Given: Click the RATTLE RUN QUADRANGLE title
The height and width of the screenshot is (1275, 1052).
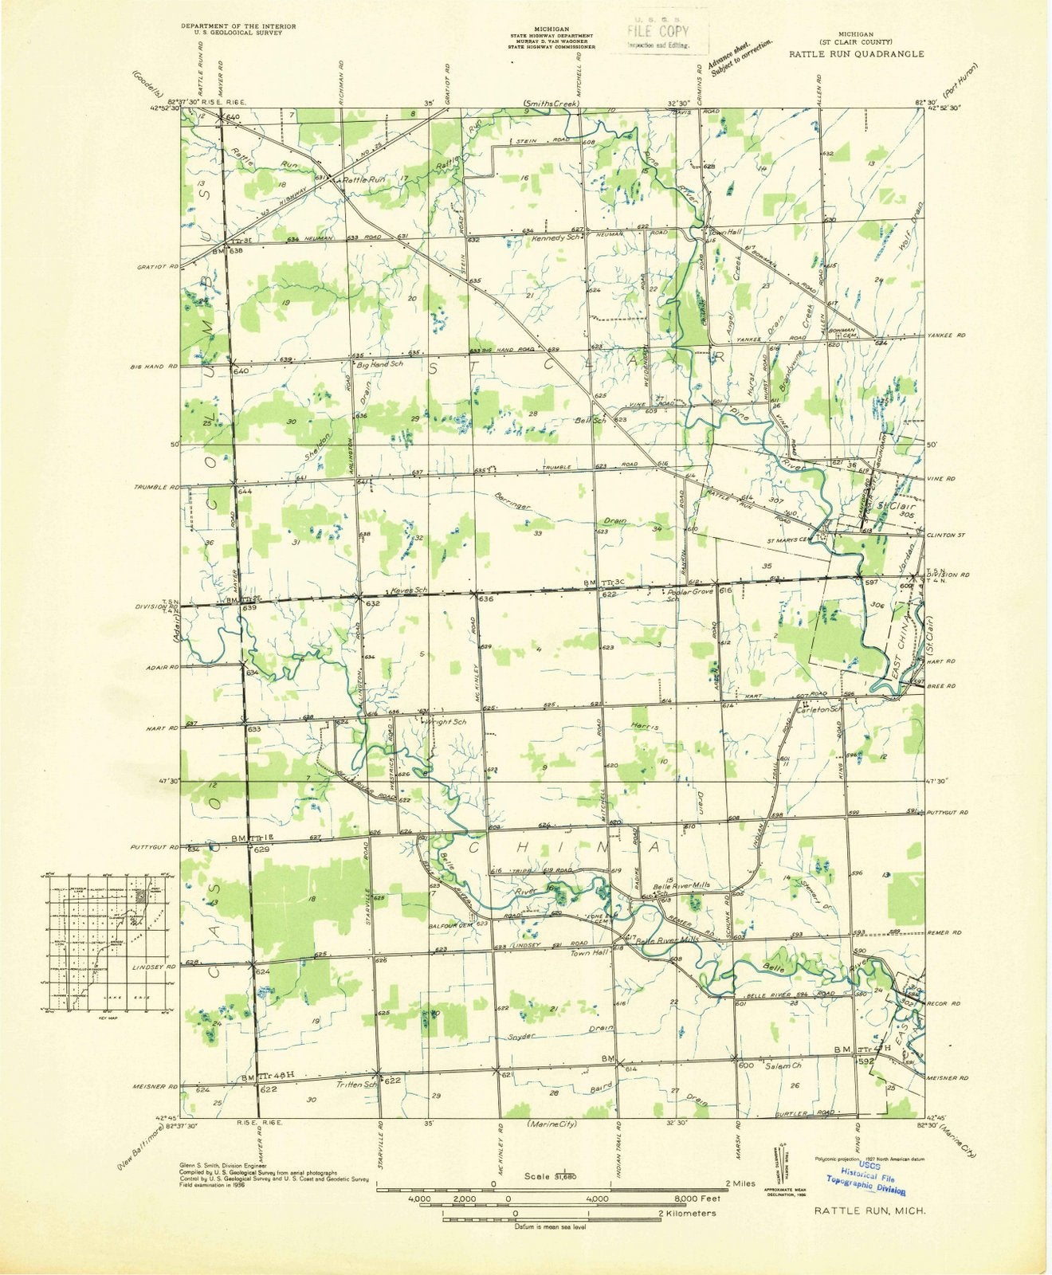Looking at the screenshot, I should pyautogui.click(x=857, y=54).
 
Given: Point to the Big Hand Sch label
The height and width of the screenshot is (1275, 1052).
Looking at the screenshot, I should pyautogui.click(x=380, y=363).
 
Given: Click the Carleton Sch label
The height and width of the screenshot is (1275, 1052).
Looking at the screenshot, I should pyautogui.click(x=825, y=708).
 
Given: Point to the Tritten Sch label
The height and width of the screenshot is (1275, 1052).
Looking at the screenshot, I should pyautogui.click(x=356, y=1084).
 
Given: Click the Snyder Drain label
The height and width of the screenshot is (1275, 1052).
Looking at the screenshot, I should pyautogui.click(x=558, y=1034).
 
